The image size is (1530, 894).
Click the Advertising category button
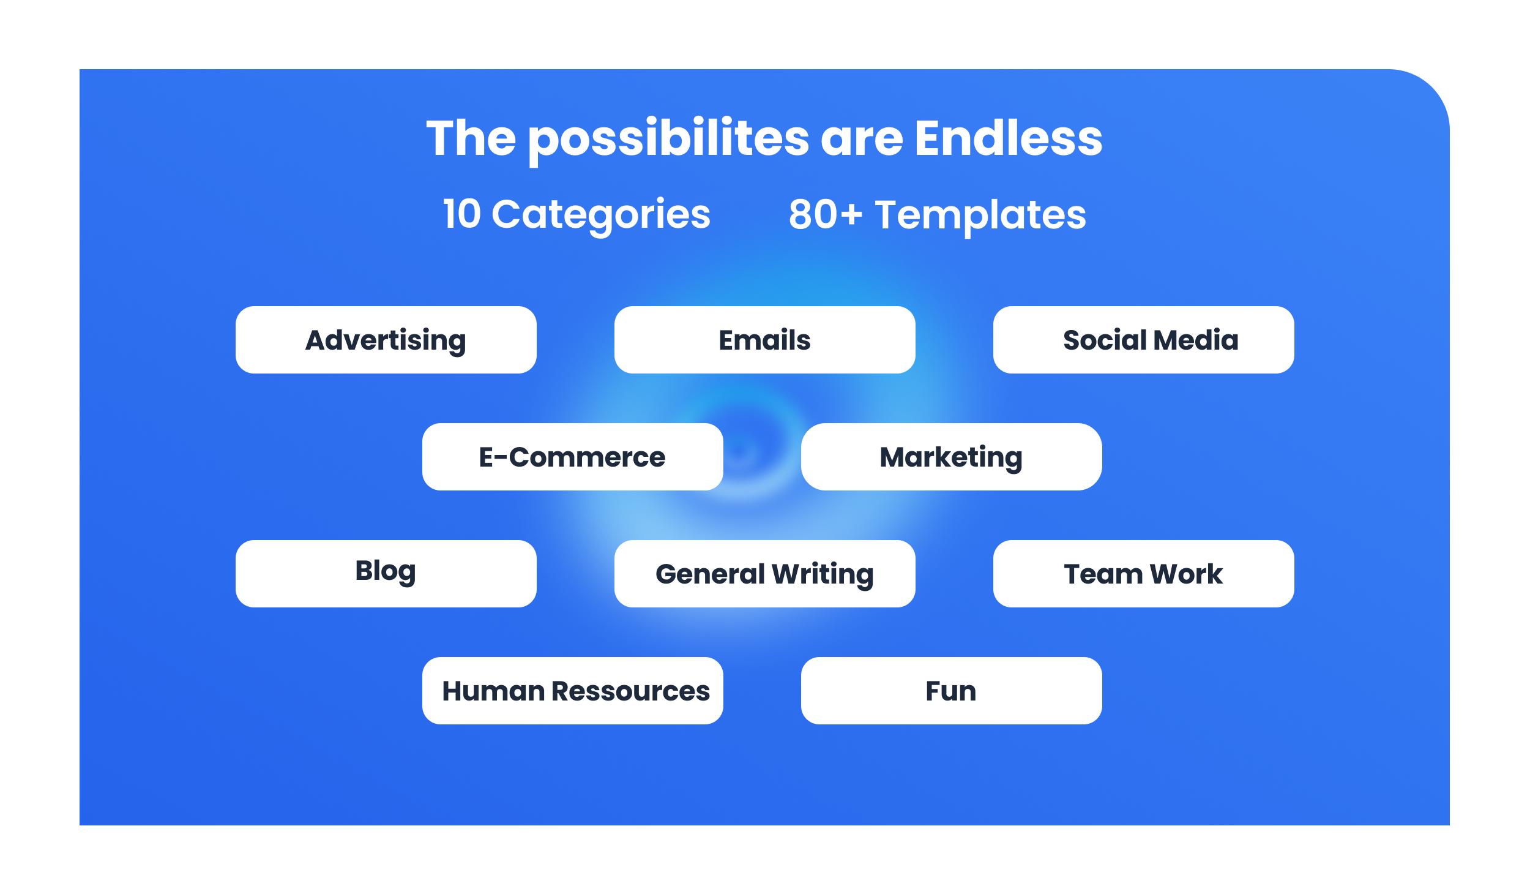[386, 340]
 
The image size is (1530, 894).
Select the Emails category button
[765, 340]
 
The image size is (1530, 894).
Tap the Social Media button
[1144, 340]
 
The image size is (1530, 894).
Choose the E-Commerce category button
[573, 457]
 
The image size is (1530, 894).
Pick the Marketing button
[952, 457]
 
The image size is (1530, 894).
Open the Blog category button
[386, 574]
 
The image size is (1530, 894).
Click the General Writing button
[765, 574]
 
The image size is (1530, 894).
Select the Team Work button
[1144, 574]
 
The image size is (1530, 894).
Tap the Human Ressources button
[573, 691]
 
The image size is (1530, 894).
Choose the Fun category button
[952, 691]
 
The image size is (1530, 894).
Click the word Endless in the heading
[1009, 138]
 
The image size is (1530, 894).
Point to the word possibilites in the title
[669, 141]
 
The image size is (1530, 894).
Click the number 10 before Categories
[462, 214]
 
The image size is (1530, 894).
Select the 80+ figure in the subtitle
[826, 214]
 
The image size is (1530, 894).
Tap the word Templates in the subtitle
[980, 216]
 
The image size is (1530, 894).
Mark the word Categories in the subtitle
[601, 216]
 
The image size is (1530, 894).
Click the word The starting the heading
[471, 138]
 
